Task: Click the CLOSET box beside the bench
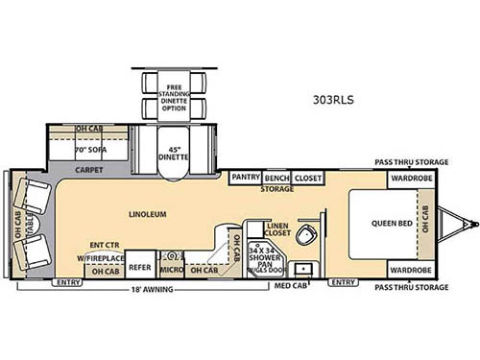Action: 306,178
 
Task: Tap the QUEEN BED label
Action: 392,225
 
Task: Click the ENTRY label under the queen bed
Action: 342,283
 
